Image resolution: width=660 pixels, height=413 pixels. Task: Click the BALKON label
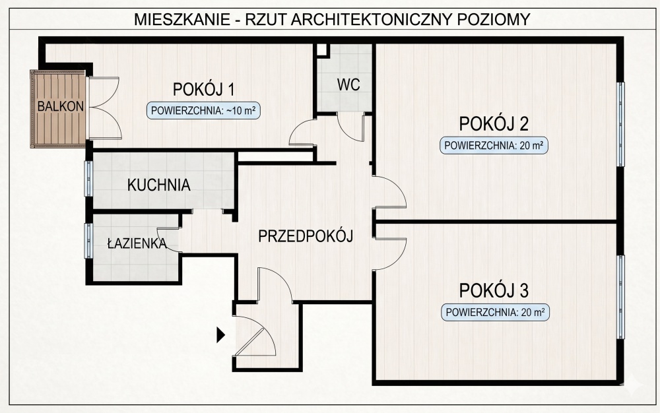tap(60, 106)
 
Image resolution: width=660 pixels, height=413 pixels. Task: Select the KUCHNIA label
tap(159, 185)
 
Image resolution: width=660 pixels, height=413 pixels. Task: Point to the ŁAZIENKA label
tap(137, 243)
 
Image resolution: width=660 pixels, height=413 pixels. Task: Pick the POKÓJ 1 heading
tap(205, 89)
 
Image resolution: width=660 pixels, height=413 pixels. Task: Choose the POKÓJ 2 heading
tap(495, 123)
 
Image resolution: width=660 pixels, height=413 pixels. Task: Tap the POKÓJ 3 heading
tap(495, 290)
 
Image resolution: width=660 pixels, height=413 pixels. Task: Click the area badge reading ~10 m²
tap(203, 111)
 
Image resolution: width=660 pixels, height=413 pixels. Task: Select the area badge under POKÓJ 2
tap(495, 146)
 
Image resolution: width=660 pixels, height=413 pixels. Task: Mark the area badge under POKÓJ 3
tap(495, 312)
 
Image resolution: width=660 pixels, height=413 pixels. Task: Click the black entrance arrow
tap(221, 336)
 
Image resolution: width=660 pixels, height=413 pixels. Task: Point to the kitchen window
tap(88, 178)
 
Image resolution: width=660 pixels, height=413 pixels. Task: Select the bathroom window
tap(88, 240)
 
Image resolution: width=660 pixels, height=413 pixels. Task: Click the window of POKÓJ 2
tap(620, 124)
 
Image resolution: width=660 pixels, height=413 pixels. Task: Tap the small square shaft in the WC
tap(321, 50)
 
